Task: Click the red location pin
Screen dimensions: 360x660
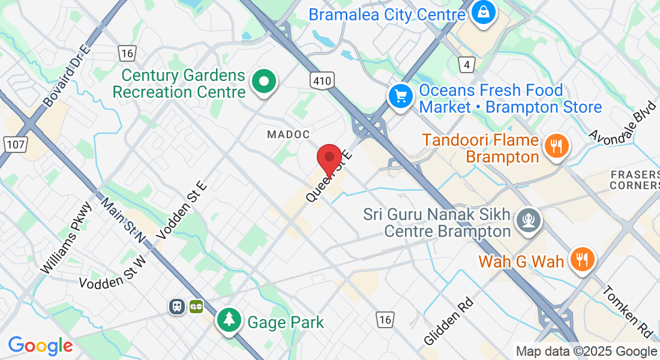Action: [x=329, y=157]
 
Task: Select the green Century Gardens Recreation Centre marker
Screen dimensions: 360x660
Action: [x=263, y=81]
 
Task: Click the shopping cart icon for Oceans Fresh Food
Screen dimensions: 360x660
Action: [x=400, y=96]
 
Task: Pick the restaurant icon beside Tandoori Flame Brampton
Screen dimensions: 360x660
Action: [x=556, y=146]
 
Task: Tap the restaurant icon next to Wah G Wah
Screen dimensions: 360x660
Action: [x=581, y=259]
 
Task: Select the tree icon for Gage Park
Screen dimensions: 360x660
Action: [x=229, y=319]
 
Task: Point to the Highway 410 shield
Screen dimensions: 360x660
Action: [x=322, y=80]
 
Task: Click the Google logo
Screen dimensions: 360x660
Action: [x=40, y=346]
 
